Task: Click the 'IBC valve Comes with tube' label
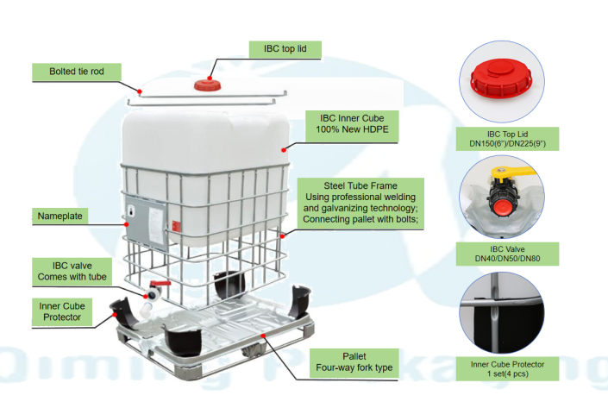tap(73, 270)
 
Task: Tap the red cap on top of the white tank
tap(206, 84)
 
